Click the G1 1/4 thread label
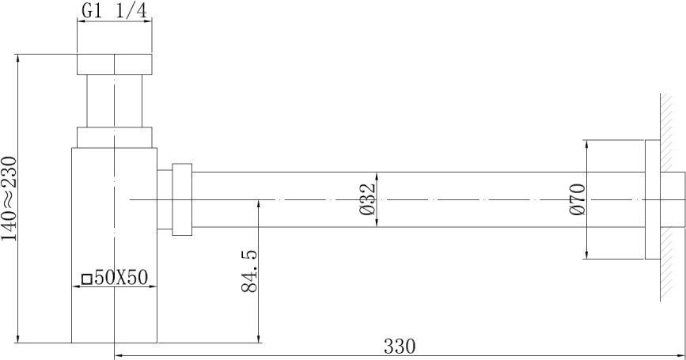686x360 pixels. tap(114, 11)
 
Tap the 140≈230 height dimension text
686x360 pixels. tap(9, 199)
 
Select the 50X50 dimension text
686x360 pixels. tap(121, 278)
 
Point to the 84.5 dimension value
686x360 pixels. tap(249, 271)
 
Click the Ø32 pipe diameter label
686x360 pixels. tap(367, 199)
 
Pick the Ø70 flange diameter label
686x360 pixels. tap(578, 199)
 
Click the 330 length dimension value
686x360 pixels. tap(400, 347)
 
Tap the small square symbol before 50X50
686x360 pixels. tap(87, 279)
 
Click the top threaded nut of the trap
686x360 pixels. tap(115, 64)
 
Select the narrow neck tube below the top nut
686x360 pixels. tap(115, 101)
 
